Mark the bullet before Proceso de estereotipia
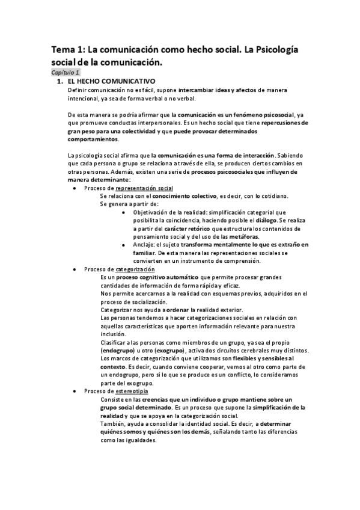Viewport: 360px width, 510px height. click(74, 392)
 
